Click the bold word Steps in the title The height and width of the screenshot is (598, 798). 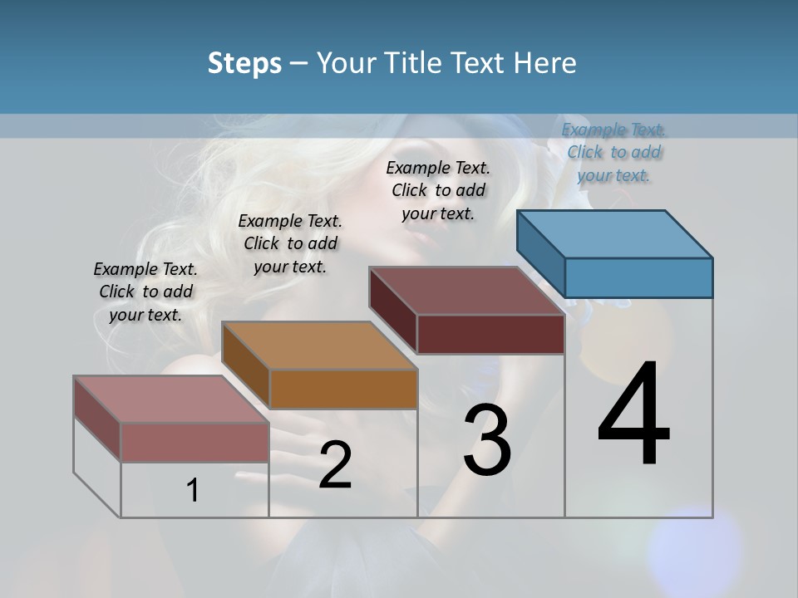pos(244,63)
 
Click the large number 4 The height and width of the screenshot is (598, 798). pos(633,415)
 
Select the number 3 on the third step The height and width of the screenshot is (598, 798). pos(486,440)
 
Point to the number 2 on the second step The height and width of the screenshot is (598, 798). pos(335,465)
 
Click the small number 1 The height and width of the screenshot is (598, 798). pos(193,490)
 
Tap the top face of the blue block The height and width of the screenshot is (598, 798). pos(615,233)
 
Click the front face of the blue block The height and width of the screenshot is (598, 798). pos(638,277)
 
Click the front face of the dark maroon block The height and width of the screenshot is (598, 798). pos(490,334)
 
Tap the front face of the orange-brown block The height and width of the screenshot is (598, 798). pos(343,389)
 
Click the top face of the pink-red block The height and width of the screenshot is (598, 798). pos(171,399)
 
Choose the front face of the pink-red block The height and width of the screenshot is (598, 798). pos(195,442)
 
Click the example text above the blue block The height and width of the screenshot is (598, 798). pos(613,152)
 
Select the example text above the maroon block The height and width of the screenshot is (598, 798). pos(438,190)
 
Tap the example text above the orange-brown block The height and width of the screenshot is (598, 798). pos(290,243)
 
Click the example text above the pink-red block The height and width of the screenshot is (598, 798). pos(145,292)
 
